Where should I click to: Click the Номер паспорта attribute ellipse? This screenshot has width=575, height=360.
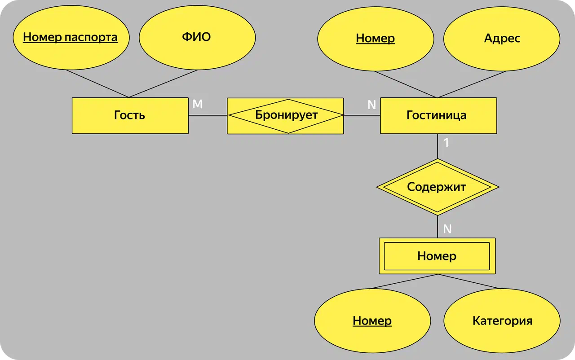click(71, 37)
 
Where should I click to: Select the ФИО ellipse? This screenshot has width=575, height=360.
click(197, 37)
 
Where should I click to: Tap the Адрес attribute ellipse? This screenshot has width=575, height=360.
click(502, 39)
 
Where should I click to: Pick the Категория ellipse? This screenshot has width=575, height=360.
click(502, 321)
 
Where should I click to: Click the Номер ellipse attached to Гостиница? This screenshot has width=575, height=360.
click(375, 39)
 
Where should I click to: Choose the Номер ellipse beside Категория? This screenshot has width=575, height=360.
click(372, 321)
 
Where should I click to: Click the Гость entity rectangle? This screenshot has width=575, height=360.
click(130, 115)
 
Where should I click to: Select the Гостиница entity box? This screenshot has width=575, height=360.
click(438, 115)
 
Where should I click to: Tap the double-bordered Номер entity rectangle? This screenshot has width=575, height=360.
click(437, 256)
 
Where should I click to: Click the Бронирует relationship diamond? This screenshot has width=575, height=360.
click(286, 115)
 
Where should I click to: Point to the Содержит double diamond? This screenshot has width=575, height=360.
click(437, 187)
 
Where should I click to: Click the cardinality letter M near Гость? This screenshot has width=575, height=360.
click(198, 104)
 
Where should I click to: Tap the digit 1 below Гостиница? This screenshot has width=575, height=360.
click(446, 143)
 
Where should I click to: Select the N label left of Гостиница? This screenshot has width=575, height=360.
click(372, 105)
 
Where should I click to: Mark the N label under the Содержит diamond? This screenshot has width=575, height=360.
click(447, 229)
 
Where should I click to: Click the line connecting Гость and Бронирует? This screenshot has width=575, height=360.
click(208, 115)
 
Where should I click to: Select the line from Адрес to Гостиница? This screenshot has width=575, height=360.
click(469, 84)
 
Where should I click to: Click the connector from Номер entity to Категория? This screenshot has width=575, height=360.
click(469, 281)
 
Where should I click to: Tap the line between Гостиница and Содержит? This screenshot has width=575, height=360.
click(438, 146)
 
